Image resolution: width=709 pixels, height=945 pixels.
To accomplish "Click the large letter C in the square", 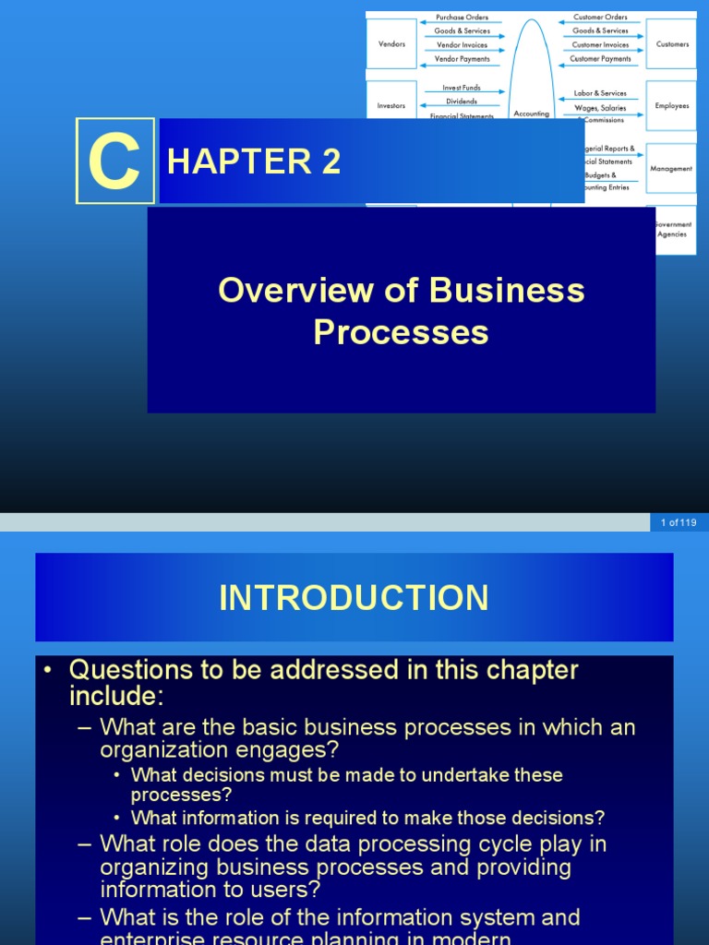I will [114, 161].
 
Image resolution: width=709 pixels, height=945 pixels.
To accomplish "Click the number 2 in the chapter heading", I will [330, 161].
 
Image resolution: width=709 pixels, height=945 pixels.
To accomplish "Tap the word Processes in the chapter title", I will [401, 332].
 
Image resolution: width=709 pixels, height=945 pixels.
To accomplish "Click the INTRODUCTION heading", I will [354, 598].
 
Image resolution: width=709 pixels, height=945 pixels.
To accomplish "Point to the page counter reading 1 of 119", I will [678, 522].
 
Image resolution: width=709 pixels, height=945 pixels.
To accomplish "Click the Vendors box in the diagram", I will [391, 43].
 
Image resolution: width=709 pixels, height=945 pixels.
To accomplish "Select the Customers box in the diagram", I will [672, 43].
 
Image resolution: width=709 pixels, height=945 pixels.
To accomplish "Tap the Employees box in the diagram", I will [672, 106].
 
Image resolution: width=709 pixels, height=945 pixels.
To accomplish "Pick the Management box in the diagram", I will [671, 169].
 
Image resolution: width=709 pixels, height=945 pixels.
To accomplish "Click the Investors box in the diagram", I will [391, 106].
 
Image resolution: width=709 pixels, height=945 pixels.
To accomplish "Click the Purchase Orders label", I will [462, 17].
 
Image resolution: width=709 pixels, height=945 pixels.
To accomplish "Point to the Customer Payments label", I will [600, 58].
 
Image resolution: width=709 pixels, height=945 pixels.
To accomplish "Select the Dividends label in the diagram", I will [462, 102].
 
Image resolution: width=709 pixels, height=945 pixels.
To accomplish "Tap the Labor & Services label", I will [600, 93].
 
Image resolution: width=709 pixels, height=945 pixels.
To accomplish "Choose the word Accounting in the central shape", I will [531, 114].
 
